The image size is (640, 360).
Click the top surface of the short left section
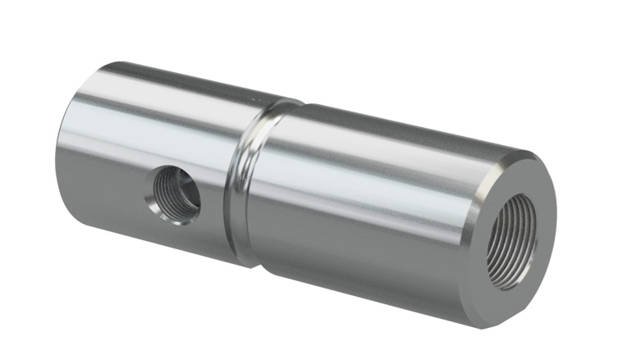pos(164,78)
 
